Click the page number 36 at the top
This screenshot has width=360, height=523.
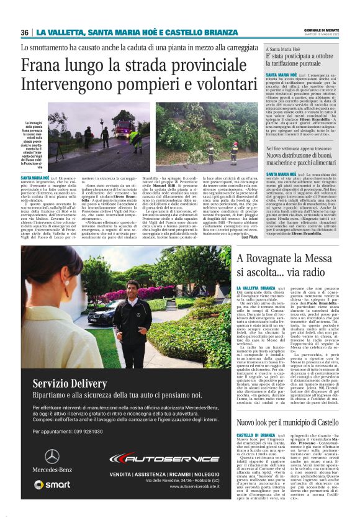coord(25,32)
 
